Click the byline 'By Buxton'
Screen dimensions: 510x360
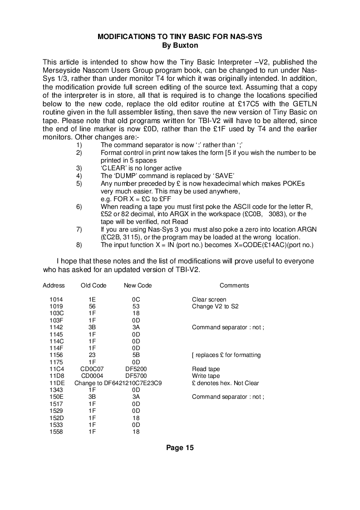[180, 45]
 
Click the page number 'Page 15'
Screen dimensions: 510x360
[180, 448]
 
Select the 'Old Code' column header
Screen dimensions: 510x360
[94, 285]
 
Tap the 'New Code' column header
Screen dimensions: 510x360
[138, 285]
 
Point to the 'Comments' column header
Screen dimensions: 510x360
[234, 285]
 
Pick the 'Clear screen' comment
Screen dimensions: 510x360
[209, 299]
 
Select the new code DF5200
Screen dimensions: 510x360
[136, 369]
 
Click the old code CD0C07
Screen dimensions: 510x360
[92, 369]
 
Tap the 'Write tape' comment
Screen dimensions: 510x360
[206, 376]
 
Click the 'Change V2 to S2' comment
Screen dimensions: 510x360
[215, 306]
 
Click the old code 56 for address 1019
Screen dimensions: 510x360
[92, 306]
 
